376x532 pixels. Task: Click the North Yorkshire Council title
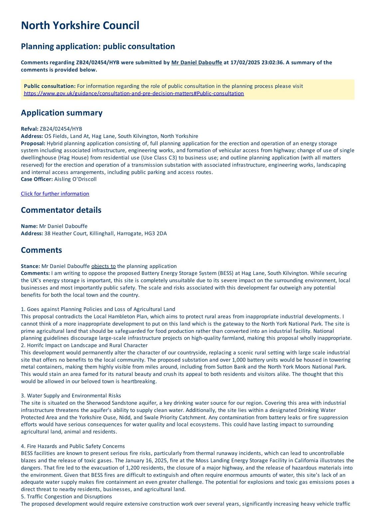[x=80, y=26]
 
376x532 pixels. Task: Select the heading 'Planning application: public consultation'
[x=98, y=46]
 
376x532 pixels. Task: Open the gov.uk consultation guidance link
[x=134, y=93]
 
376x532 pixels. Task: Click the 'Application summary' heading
[x=62, y=113]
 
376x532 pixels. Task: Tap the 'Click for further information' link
[x=55, y=194]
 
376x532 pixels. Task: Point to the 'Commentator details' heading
[x=61, y=210]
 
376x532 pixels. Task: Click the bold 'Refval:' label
[x=30, y=129]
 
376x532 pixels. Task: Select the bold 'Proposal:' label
[x=33, y=143]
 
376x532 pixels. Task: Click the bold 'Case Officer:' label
[x=37, y=179]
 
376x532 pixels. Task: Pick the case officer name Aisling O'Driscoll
[x=76, y=179]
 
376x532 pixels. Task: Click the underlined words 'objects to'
[x=103, y=266]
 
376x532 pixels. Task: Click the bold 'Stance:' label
[x=30, y=266]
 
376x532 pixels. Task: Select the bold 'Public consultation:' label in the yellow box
[x=50, y=86]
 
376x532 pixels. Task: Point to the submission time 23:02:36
[x=270, y=63]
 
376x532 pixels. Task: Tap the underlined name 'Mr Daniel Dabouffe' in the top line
[x=197, y=63]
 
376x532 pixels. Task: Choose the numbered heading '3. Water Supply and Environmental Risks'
[x=71, y=396]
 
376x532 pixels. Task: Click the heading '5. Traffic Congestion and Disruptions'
[x=66, y=496]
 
